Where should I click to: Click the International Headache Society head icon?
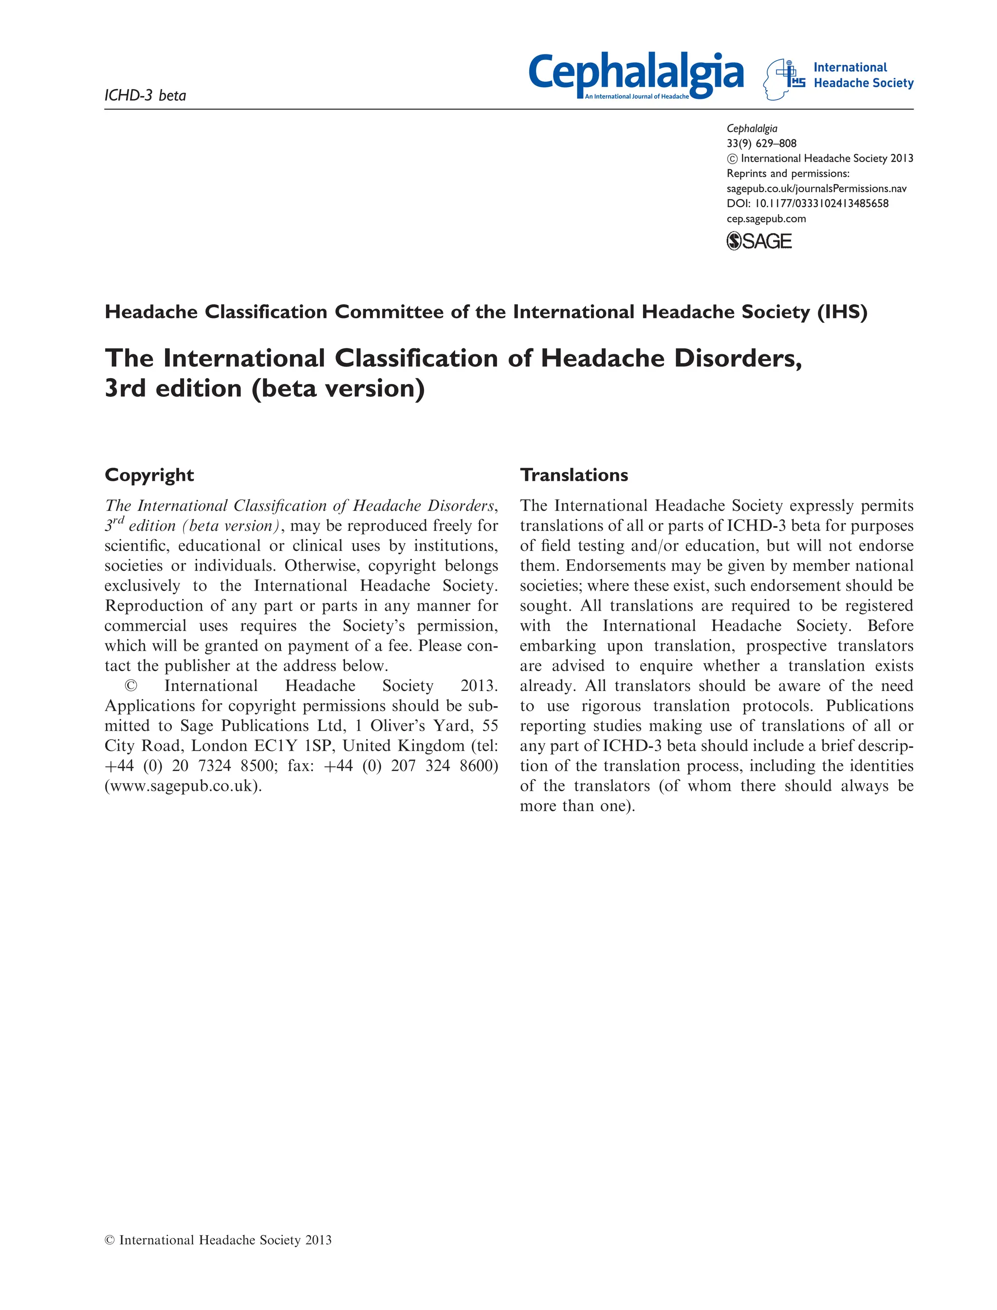tap(783, 79)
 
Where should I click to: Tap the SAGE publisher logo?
tap(759, 241)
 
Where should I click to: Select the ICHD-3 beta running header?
tap(146, 95)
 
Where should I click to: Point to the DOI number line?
tap(807, 203)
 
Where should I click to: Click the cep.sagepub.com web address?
tap(766, 218)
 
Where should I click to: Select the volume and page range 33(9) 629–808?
tap(761, 143)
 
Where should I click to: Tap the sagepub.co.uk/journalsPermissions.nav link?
tap(816, 189)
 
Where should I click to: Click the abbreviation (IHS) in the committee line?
tap(842, 312)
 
